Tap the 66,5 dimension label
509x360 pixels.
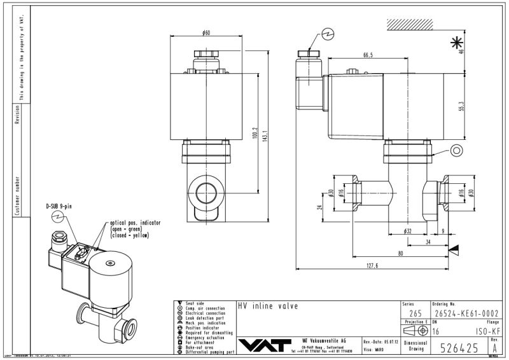[368, 56]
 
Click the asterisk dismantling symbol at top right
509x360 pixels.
[456, 43]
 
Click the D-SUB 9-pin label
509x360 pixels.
[59, 207]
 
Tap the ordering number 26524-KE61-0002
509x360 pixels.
[461, 312]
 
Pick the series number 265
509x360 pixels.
[415, 312]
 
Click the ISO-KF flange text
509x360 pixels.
[487, 331]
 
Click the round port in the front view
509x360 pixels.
[207, 192]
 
